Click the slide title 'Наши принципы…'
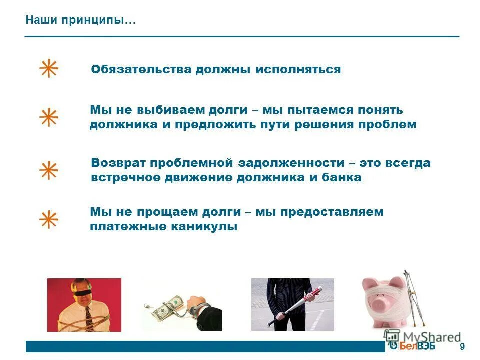(x=80, y=21)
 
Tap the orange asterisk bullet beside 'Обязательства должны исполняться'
(x=49, y=69)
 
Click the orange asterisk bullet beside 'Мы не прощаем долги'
(x=49, y=219)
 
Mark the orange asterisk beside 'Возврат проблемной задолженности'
(x=49, y=170)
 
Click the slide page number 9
(x=462, y=346)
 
